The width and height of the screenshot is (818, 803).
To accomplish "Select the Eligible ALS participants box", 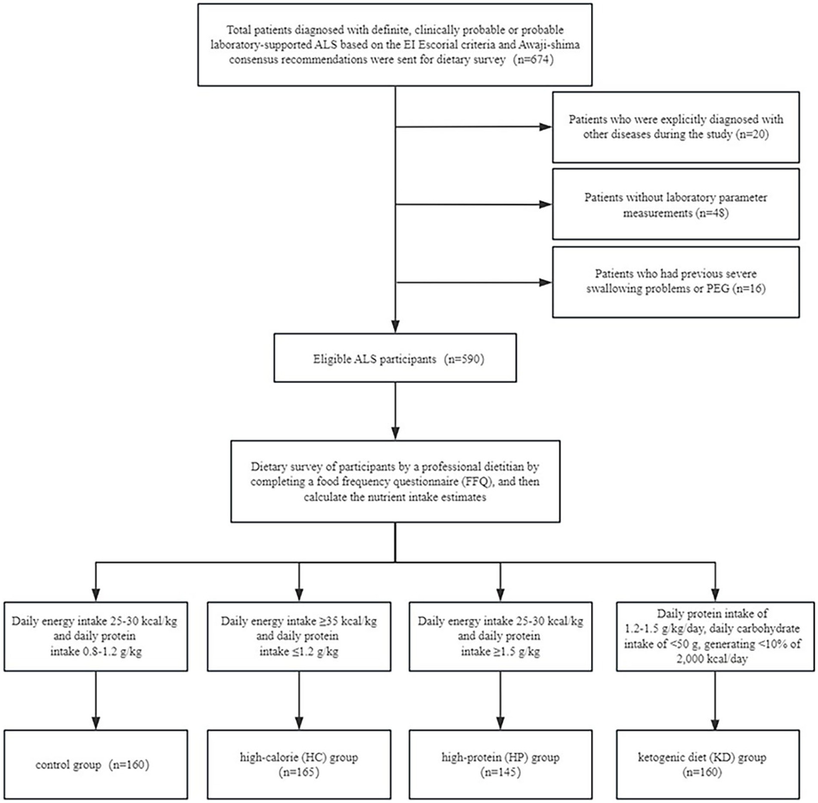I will (395, 358).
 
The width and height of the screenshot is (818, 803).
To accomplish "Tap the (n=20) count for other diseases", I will (751, 134).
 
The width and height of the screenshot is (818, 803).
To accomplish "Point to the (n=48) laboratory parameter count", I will (711, 213).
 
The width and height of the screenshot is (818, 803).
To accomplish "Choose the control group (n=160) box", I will (95, 765).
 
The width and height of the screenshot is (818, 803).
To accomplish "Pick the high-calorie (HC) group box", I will (299, 764).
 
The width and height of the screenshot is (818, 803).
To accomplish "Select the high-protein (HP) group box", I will (500, 764).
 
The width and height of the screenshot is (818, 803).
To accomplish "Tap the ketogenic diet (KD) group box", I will (702, 764).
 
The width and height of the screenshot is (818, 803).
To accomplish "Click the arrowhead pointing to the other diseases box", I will (546, 127).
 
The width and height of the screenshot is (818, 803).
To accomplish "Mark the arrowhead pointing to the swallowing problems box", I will (546, 282).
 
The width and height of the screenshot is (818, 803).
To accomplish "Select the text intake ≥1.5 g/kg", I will (500, 651).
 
